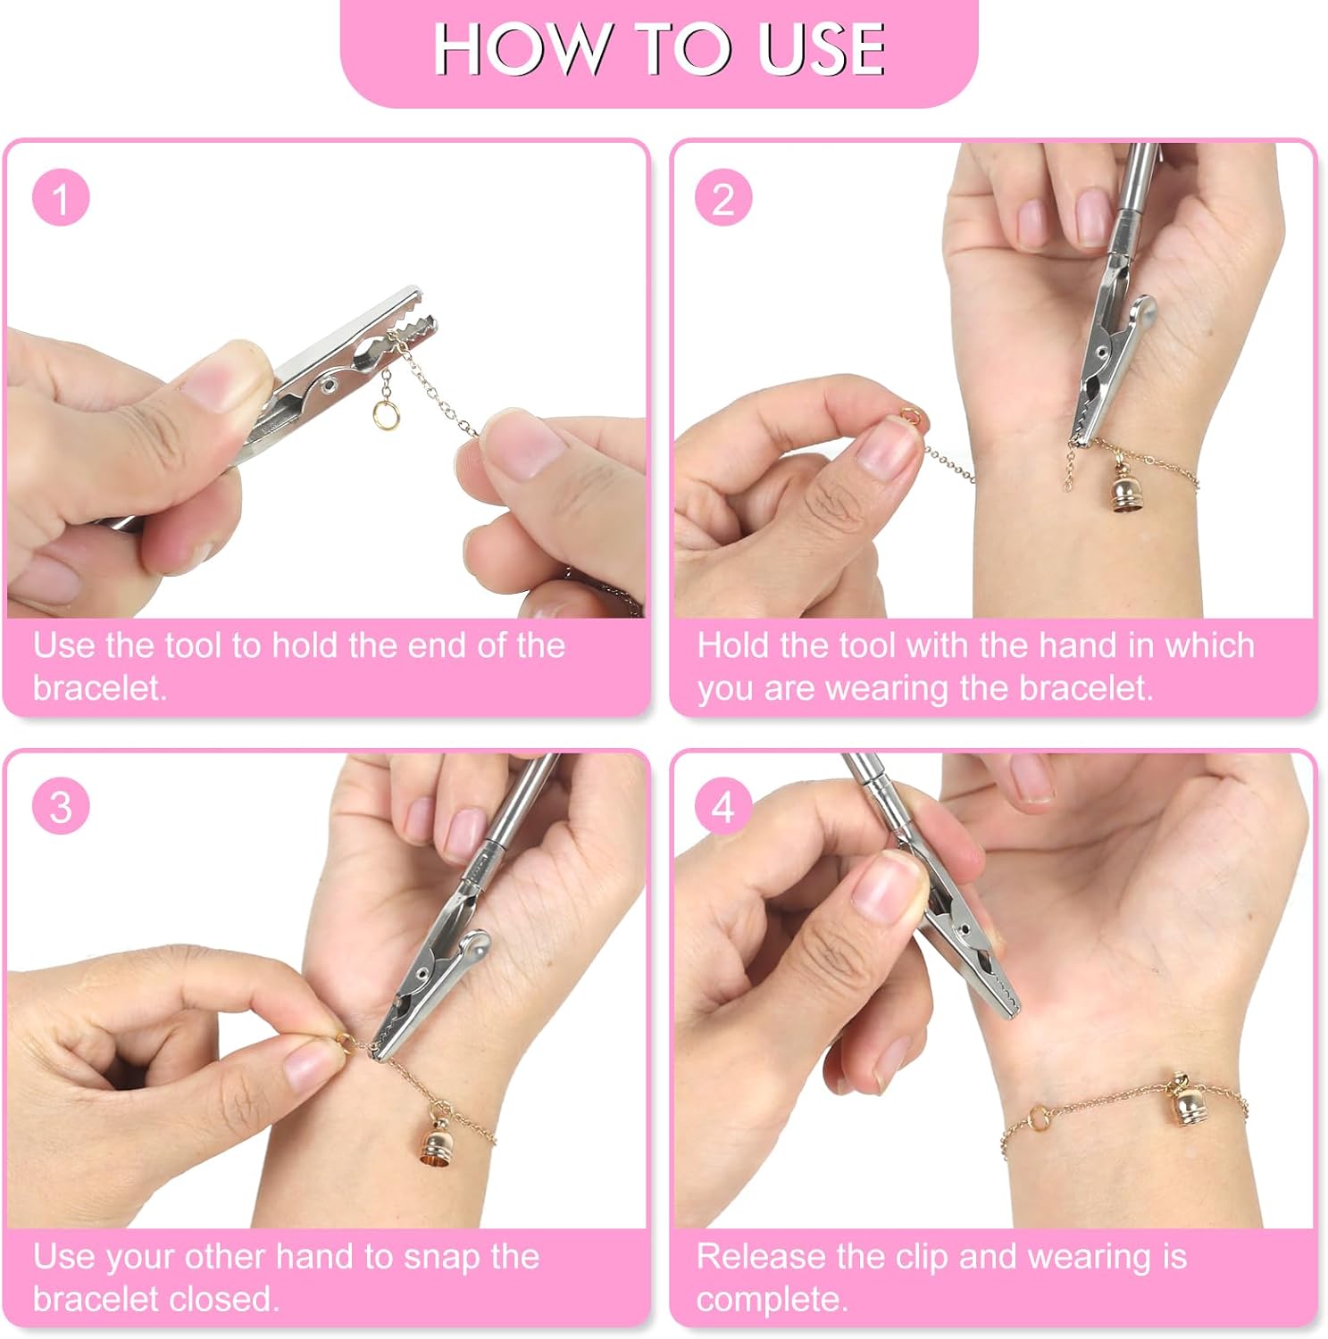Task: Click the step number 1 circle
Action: [x=61, y=197]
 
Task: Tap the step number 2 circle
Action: [x=723, y=197]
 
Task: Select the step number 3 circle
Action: [x=61, y=807]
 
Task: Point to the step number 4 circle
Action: [x=723, y=807]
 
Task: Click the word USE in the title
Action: [x=822, y=49]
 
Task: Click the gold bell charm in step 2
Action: [x=1122, y=489]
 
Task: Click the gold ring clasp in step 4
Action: [x=1040, y=1118]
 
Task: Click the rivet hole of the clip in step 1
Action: [x=328, y=385]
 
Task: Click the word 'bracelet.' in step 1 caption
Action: [x=100, y=687]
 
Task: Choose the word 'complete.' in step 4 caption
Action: [x=772, y=1299]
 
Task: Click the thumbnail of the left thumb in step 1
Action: [x=223, y=377]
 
